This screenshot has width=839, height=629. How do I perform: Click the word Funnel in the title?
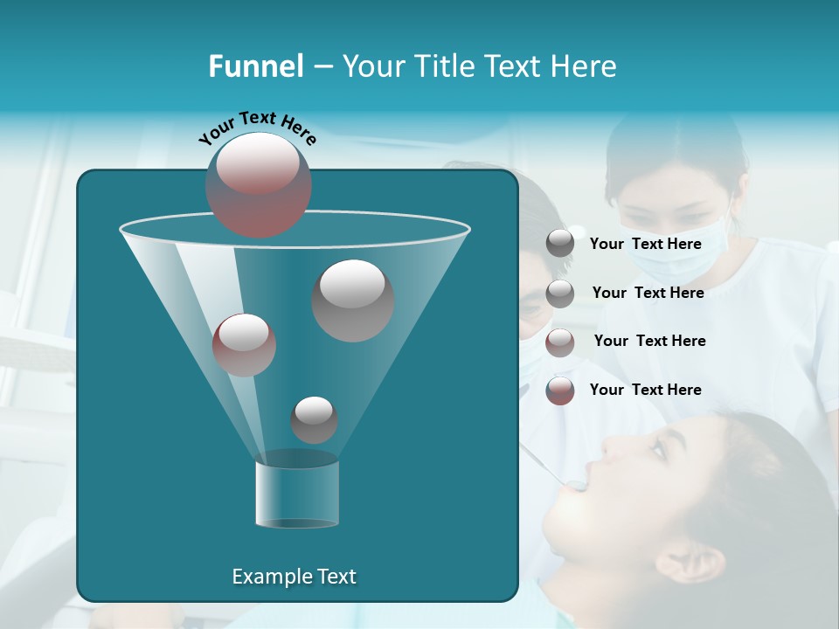255,66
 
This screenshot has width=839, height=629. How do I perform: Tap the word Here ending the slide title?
585,66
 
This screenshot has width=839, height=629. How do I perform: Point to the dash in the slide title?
322,67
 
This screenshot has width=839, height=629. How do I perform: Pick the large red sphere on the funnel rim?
259,184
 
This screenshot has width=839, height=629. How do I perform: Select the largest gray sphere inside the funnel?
352,300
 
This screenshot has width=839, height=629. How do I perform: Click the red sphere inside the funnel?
244,344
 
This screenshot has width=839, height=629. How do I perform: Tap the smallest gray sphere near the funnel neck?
314,419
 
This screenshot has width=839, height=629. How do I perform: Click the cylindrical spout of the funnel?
297,494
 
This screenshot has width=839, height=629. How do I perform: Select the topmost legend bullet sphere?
560,244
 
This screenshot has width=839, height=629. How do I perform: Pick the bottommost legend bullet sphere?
560,391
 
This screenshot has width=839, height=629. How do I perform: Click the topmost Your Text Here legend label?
645,245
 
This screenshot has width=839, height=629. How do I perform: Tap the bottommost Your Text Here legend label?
645,390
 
